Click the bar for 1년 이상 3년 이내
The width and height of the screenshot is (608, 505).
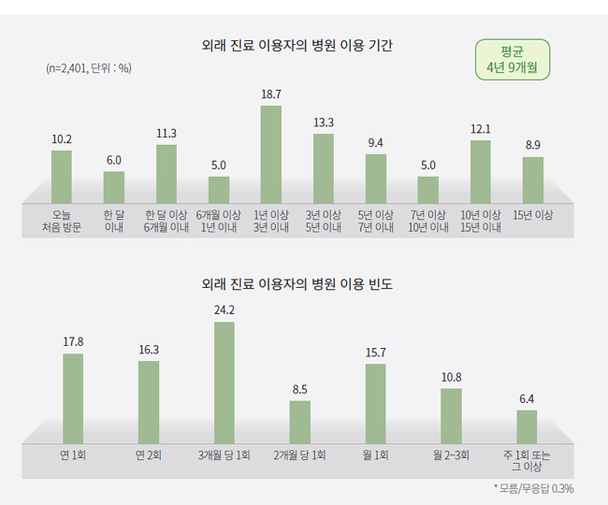pyautogui.click(x=270, y=154)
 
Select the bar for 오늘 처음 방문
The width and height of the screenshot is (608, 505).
pyautogui.click(x=61, y=177)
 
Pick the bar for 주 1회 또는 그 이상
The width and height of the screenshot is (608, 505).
pyautogui.click(x=527, y=426)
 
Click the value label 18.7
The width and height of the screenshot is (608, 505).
pyautogui.click(x=270, y=94)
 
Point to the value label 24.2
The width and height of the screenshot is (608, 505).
pyautogui.click(x=224, y=310)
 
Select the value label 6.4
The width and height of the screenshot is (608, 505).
pyautogui.click(x=527, y=399)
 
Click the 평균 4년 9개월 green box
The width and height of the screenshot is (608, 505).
pyautogui.click(x=512, y=60)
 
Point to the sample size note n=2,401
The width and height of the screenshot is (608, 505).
pyautogui.click(x=88, y=68)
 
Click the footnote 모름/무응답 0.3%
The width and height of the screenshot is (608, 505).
pyautogui.click(x=533, y=488)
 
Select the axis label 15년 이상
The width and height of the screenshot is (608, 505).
pyautogui.click(x=532, y=215)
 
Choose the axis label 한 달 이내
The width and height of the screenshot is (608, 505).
pyautogui.click(x=114, y=221)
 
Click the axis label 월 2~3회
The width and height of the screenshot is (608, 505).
pyautogui.click(x=451, y=455)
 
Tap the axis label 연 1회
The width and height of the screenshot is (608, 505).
pyautogui.click(x=73, y=455)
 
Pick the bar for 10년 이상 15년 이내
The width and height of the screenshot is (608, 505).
pyautogui.click(x=480, y=172)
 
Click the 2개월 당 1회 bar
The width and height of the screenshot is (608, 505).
pyautogui.click(x=299, y=421)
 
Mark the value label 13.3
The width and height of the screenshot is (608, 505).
pyautogui.click(x=323, y=123)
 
